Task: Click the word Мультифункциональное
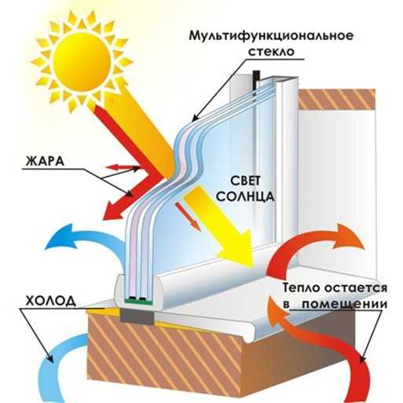click(x=271, y=36)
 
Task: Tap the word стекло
click(x=271, y=51)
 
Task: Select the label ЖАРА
click(x=45, y=161)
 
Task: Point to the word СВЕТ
click(x=245, y=181)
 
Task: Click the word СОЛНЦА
click(x=245, y=196)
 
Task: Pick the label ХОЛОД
click(x=51, y=301)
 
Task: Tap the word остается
click(x=356, y=288)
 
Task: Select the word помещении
click(x=345, y=305)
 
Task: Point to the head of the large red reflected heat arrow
click(x=113, y=208)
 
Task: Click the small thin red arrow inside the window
click(x=188, y=217)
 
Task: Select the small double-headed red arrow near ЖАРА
click(x=121, y=167)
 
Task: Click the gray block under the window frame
click(x=137, y=317)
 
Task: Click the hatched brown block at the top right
click(x=337, y=99)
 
